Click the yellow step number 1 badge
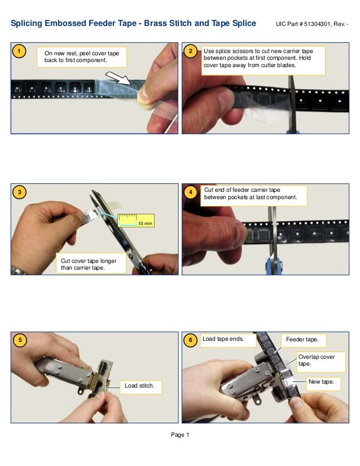(19, 52)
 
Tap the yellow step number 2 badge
(191, 52)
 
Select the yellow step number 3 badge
(19, 192)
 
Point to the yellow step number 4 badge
(191, 192)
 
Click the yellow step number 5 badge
(19, 340)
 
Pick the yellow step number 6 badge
(191, 340)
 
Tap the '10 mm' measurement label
(144, 223)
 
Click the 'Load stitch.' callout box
(141, 386)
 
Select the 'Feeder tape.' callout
(302, 340)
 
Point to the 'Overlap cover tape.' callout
(317, 360)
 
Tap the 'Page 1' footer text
(180, 434)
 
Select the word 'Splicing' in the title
(28, 24)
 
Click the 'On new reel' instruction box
(82, 57)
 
